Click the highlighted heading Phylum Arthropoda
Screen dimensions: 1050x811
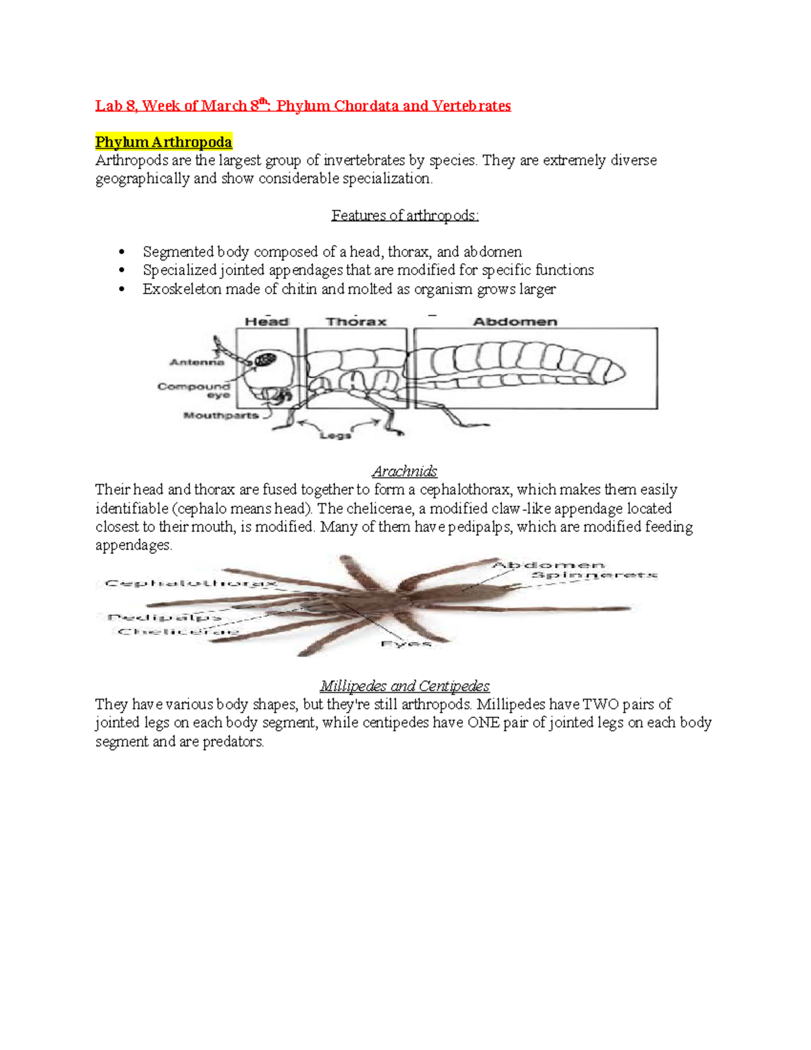click(164, 142)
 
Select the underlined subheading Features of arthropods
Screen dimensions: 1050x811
click(405, 216)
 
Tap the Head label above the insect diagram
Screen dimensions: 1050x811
click(266, 322)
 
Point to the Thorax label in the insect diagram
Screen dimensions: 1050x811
click(355, 322)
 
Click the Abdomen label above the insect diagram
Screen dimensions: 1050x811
click(515, 322)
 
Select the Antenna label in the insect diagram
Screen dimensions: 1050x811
click(196, 362)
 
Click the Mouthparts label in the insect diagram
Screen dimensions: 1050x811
click(221, 415)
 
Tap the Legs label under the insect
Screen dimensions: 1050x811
click(335, 435)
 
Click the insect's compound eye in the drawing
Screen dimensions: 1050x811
click(265, 360)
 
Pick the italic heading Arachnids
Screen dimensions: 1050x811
click(404, 471)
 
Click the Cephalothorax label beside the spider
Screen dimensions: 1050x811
click(191, 583)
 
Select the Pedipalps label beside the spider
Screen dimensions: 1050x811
click(164, 617)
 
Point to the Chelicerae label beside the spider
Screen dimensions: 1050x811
click(178, 631)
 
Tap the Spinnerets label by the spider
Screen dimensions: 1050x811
click(594, 575)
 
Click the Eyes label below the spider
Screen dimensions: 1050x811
click(405, 644)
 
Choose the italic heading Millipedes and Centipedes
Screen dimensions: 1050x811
click(404, 686)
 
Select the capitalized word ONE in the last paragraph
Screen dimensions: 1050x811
click(483, 723)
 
